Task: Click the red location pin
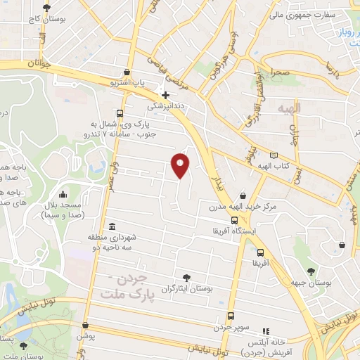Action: coord(181,165)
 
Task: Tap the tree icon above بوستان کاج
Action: coord(46,8)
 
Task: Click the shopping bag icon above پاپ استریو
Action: coord(126,72)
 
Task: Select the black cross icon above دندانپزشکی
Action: coord(165,95)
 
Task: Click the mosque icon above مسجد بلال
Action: coord(64,194)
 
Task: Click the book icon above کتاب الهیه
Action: coord(274,154)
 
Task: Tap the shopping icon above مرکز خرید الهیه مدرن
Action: coord(243,195)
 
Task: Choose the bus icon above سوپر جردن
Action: coord(231,316)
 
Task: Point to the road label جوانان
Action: coord(41,63)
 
